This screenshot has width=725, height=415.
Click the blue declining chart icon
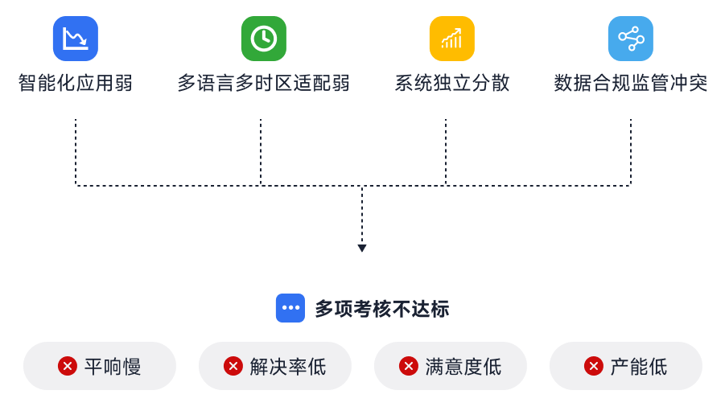click(x=76, y=39)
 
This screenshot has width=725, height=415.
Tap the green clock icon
click(x=263, y=39)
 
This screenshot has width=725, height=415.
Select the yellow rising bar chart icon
click(x=451, y=39)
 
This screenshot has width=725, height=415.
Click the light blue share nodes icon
click(x=630, y=39)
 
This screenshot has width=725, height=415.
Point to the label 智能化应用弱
click(x=76, y=83)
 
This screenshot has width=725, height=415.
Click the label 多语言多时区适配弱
click(x=263, y=83)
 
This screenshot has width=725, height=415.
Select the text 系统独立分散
click(x=451, y=83)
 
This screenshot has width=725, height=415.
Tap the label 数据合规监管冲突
click(x=630, y=83)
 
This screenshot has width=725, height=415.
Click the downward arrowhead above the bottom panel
click(x=362, y=249)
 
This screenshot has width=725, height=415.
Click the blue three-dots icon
click(x=290, y=308)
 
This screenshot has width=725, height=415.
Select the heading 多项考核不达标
click(x=381, y=309)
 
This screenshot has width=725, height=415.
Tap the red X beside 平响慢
click(x=68, y=367)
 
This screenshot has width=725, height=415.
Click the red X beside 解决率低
click(x=233, y=367)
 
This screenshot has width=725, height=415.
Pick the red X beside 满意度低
click(x=409, y=367)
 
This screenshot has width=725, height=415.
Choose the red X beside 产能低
click(x=594, y=367)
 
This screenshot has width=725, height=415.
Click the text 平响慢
click(x=113, y=368)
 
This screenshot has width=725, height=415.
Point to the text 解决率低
click(x=288, y=368)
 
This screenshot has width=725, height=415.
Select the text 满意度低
click(x=463, y=368)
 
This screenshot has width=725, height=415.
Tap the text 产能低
click(x=639, y=368)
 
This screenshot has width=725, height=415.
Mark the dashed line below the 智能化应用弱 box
click(x=76, y=153)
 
